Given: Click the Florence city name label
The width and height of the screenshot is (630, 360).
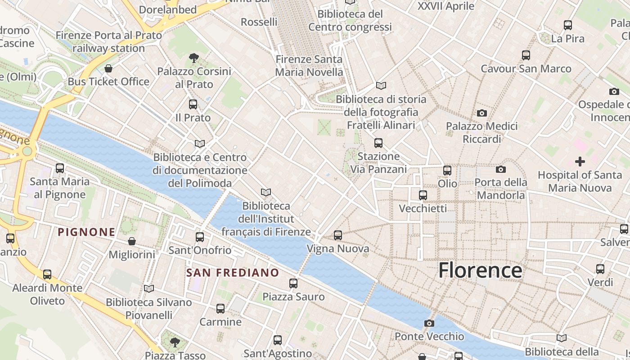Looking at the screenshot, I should point(480,270).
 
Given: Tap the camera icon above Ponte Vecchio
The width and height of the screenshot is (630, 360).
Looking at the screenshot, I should point(429,323).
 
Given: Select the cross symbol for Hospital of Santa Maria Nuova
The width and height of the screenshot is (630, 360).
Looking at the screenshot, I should point(580,161).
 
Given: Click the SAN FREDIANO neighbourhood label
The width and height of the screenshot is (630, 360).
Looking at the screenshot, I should point(233,273).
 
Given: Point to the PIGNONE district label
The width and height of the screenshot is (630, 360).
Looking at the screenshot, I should point(87,232).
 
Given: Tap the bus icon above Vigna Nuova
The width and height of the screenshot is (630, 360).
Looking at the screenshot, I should point(338,235).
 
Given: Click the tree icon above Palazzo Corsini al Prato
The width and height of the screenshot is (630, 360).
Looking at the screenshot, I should point(194,58).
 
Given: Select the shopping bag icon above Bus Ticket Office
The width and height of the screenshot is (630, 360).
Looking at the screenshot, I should point(108,68).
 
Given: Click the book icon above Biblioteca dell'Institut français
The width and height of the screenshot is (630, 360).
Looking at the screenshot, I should point(266,192).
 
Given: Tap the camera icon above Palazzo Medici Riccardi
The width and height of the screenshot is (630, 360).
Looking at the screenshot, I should point(482,112).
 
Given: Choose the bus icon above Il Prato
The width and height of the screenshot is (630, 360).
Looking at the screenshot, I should point(193,104).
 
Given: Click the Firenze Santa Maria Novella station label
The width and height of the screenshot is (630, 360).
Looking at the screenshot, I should point(309,66).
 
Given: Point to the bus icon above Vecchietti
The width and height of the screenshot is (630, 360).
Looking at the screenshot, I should point(423,195).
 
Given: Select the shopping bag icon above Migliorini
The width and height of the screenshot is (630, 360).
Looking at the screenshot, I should point(132,241).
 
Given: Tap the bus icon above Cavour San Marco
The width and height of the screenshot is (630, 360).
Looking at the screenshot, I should point(526,55).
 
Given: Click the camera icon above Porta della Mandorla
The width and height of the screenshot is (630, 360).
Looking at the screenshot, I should point(501,169).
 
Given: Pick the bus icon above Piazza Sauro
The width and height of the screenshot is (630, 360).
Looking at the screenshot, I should point(293,283).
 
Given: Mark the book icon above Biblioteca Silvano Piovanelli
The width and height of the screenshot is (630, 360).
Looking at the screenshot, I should point(149,288).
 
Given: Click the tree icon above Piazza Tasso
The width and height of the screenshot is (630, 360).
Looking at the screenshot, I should point(175,342).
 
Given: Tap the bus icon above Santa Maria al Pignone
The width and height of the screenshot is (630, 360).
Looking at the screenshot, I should point(60,168).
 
